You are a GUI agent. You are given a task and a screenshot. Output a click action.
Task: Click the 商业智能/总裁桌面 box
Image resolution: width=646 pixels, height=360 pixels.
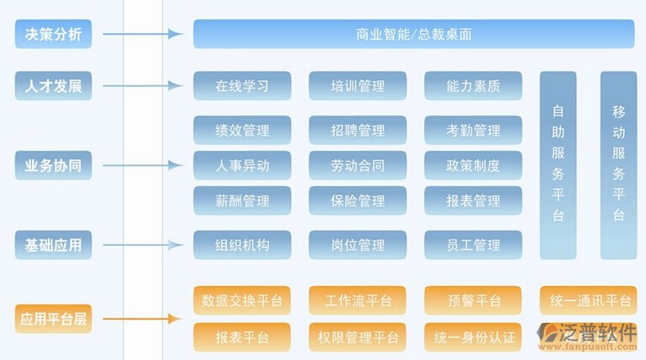(413, 35)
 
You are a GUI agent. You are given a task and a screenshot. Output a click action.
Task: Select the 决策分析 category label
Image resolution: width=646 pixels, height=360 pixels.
(53, 35)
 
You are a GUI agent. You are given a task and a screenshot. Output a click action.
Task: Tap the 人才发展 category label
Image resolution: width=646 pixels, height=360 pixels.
(53, 85)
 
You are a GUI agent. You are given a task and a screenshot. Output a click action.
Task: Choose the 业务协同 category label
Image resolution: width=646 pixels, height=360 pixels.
(53, 165)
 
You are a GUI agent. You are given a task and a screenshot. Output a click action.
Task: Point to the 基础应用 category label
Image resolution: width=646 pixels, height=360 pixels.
(53, 245)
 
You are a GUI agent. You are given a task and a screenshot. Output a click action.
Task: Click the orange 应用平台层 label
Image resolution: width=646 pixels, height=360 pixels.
(53, 319)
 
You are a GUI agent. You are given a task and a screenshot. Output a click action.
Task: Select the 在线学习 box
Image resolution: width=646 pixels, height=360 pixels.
(242, 85)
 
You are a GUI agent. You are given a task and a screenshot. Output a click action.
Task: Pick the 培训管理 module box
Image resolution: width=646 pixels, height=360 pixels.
(358, 85)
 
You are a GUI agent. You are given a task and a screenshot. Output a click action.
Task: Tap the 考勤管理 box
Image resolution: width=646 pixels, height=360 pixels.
(473, 131)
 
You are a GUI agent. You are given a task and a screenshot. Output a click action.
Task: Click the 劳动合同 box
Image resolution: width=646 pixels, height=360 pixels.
(358, 165)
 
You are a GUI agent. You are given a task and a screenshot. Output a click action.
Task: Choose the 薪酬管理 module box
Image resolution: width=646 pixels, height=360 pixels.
(242, 201)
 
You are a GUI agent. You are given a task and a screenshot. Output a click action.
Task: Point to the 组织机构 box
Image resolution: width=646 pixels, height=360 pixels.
(242, 245)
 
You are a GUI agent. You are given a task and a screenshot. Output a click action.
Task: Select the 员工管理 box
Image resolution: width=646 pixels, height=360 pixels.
(473, 245)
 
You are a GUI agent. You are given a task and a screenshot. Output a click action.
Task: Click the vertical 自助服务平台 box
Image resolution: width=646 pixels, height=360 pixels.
(558, 164)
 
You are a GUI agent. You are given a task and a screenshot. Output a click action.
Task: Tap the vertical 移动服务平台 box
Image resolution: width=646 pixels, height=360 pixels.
(618, 164)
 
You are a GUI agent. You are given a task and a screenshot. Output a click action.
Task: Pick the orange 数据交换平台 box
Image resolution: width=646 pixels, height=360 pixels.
(242, 300)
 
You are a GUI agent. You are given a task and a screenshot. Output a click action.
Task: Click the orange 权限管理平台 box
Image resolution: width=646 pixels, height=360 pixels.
(358, 337)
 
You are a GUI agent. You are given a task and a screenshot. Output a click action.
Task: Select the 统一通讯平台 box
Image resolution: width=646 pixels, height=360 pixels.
(589, 300)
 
